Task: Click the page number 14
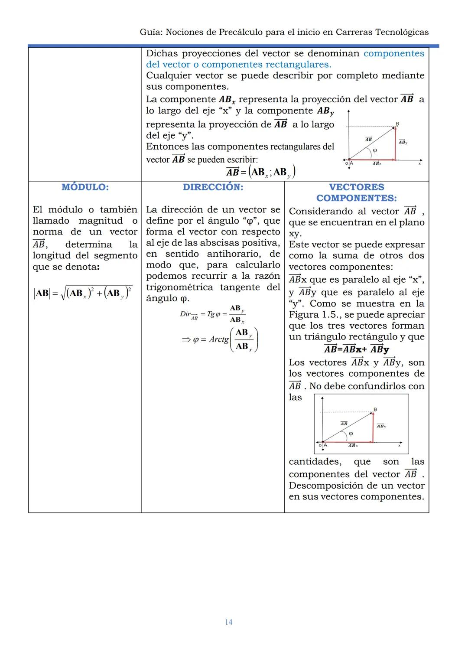pos(229,622)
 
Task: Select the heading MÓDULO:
pos(85,187)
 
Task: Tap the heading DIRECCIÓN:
pos(213,187)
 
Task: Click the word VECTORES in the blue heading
pos(356,187)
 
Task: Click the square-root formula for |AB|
pos(83,293)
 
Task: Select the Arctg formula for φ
pos(220,339)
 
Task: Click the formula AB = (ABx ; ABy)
pos(261,172)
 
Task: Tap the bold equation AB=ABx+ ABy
pos(356,349)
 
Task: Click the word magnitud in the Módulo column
pos(101,221)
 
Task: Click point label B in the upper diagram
pos(397,124)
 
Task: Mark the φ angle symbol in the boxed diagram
pos(351,433)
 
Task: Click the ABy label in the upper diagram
pos(403,142)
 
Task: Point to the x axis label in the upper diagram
pos(419,163)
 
